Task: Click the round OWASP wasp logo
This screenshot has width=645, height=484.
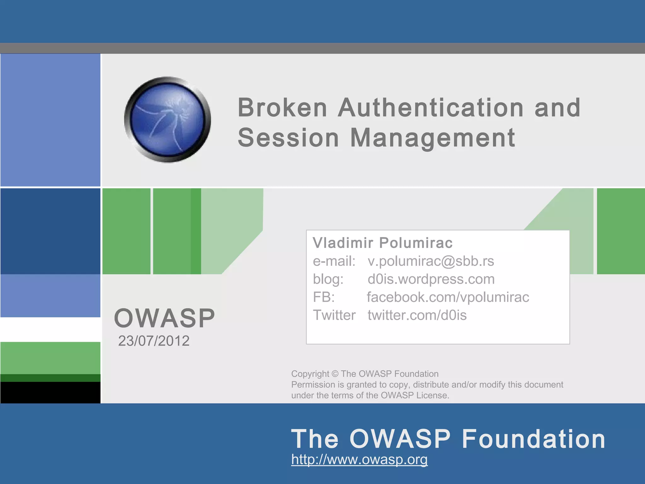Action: (168, 120)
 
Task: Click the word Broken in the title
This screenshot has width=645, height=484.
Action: (282, 108)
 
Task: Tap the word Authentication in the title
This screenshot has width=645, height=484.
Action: (431, 108)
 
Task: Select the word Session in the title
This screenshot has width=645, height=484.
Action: (288, 138)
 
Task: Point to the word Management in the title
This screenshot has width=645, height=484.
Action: (432, 138)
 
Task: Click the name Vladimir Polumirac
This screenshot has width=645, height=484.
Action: (382, 243)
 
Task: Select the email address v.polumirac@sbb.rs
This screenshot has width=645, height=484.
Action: (431, 261)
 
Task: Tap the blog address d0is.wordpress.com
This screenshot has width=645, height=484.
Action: (431, 279)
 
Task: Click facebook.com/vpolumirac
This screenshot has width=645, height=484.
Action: (448, 297)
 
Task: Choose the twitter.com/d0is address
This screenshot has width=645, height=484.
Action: (417, 315)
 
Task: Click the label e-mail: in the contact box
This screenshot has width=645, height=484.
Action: (334, 261)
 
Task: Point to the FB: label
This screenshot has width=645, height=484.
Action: (323, 297)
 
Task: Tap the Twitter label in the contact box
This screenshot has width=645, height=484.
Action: (334, 315)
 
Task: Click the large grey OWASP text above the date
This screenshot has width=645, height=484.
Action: (164, 318)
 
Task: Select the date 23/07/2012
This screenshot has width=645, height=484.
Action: (154, 341)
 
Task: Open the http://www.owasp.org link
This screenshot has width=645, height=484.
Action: (359, 459)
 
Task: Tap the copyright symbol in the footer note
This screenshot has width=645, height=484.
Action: (335, 374)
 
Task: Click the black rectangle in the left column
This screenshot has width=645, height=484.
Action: (50, 392)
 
